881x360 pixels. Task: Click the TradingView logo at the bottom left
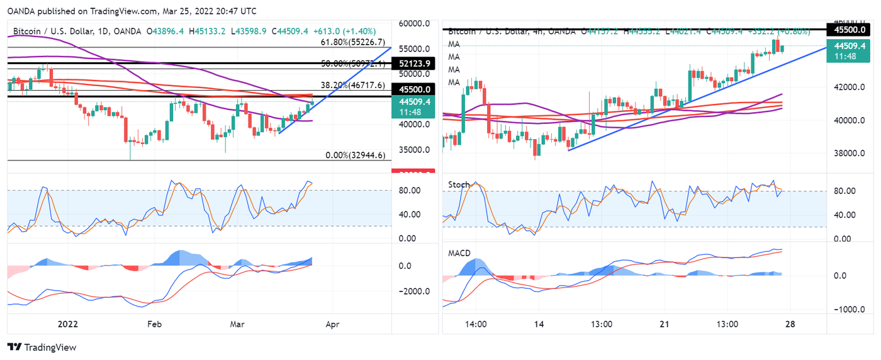click(42, 347)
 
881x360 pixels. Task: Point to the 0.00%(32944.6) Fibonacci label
click(355, 155)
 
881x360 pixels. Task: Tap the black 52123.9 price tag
click(413, 64)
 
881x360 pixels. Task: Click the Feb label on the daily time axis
click(154, 324)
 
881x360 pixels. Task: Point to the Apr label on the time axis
click(332, 324)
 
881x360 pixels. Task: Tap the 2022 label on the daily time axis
click(67, 324)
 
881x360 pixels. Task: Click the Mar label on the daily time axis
click(237, 324)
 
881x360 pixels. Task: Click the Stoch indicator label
click(458, 184)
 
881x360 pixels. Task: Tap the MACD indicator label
click(459, 254)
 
